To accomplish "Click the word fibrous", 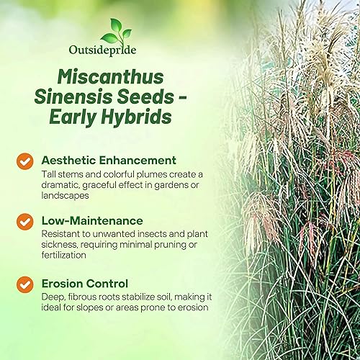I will pyautogui.click(x=81, y=296).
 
